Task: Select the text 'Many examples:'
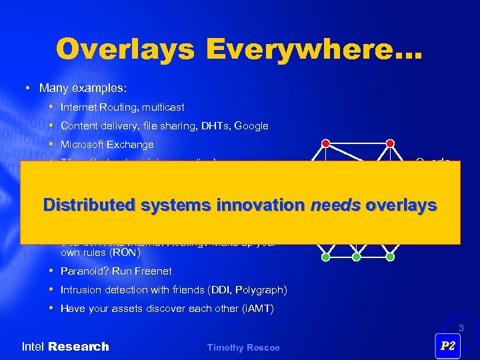(x=83, y=88)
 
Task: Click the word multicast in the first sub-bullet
(x=163, y=107)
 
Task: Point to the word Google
(x=251, y=126)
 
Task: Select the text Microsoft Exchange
(x=107, y=145)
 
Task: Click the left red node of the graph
(x=325, y=143)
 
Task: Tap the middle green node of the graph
(x=357, y=256)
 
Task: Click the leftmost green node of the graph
(x=325, y=256)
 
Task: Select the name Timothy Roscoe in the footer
(x=243, y=347)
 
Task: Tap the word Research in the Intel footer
(x=79, y=347)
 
